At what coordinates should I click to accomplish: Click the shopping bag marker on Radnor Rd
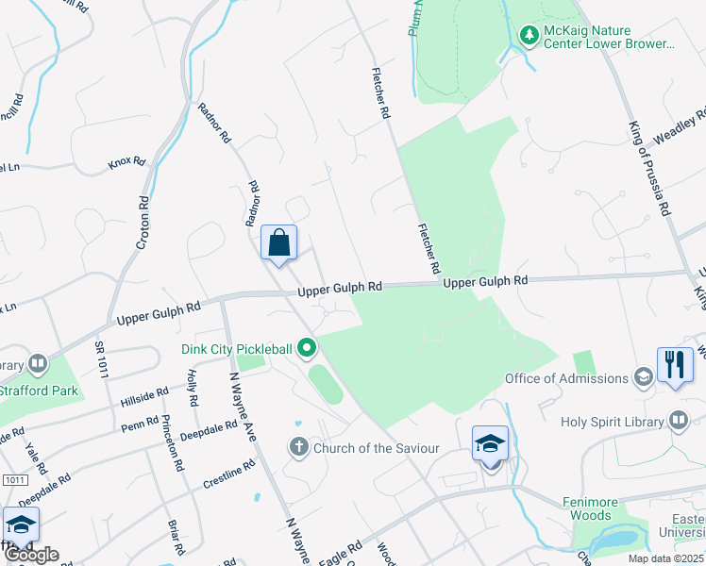[279, 243]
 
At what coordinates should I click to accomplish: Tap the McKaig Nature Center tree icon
[529, 36]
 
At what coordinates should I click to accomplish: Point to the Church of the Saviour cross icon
[299, 447]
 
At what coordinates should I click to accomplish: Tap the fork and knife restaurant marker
[675, 365]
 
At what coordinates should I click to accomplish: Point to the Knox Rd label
[126, 162]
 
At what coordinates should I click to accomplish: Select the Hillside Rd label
[144, 397]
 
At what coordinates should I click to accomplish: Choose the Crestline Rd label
[229, 474]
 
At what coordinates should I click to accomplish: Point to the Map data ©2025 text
[665, 558]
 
